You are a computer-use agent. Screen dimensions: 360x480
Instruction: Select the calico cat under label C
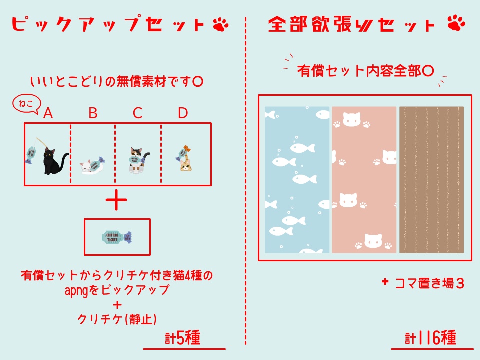click(x=137, y=160)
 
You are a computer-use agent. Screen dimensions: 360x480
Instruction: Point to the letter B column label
click(x=93, y=113)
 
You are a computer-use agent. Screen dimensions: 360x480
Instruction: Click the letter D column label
click(x=183, y=113)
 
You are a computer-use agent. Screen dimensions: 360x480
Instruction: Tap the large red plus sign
click(x=117, y=201)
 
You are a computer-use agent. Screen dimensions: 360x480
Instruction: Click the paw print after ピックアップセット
click(x=220, y=25)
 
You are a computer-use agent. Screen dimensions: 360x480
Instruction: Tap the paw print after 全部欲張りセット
click(x=456, y=23)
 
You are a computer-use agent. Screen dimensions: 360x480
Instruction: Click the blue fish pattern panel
click(x=297, y=180)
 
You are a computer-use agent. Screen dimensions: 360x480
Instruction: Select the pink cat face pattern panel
click(x=363, y=180)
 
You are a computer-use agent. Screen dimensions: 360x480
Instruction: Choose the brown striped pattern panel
click(x=431, y=180)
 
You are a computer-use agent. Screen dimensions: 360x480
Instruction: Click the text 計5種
click(x=183, y=338)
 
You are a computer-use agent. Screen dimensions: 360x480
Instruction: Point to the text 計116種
click(x=430, y=338)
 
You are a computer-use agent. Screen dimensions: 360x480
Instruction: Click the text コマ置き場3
click(x=429, y=283)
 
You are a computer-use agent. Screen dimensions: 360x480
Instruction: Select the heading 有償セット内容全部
click(x=365, y=70)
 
